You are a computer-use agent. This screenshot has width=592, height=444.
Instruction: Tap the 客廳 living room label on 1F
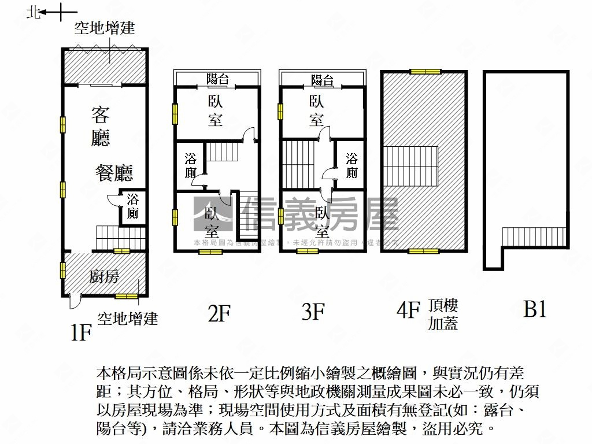point(101,126)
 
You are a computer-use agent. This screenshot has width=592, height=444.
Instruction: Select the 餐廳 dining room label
point(114,172)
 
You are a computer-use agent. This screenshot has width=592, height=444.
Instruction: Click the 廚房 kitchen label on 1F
point(105,277)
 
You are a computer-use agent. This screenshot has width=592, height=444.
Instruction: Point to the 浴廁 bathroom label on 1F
point(133,206)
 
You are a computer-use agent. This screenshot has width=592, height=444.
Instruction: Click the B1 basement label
point(535,309)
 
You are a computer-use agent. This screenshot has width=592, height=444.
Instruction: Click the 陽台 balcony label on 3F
point(323,80)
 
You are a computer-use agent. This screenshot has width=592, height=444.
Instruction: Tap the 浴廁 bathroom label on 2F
point(191,166)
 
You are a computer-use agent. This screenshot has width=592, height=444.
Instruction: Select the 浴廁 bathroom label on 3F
point(351,166)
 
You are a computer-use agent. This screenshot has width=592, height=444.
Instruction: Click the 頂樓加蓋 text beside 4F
point(443,314)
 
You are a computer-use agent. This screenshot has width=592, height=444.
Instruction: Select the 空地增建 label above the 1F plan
point(104,28)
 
